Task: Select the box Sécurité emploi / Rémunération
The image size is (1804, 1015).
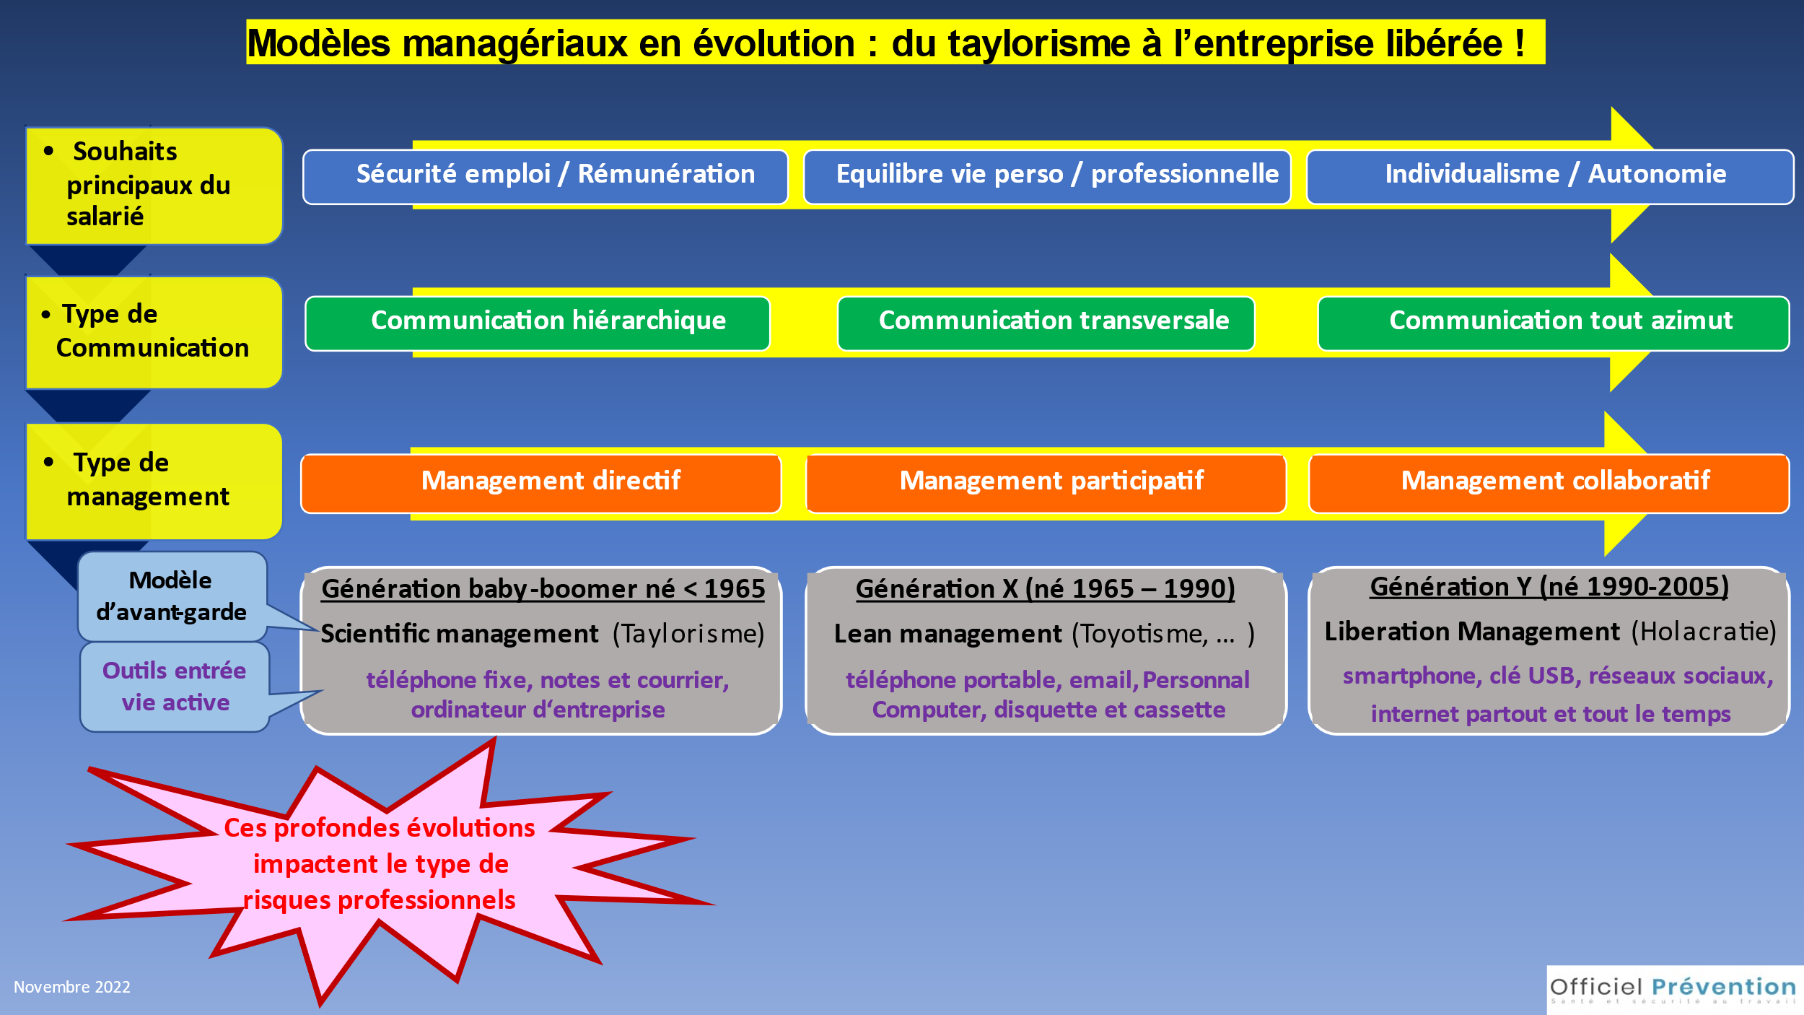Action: (546, 177)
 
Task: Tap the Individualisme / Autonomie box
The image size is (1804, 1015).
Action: (1550, 177)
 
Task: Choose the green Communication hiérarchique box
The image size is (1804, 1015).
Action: (538, 323)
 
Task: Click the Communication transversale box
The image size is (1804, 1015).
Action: (1046, 323)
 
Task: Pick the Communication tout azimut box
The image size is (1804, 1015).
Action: (1554, 323)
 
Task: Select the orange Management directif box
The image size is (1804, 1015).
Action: (541, 484)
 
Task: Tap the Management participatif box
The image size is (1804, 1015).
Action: (1046, 484)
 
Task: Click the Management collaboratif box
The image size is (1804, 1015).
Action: (1549, 484)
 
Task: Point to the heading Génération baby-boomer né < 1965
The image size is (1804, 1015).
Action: (543, 589)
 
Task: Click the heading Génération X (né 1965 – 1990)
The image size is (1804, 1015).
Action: (1046, 589)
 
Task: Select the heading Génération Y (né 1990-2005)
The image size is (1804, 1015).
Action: (1549, 587)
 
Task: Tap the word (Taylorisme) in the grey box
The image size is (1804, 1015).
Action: (688, 634)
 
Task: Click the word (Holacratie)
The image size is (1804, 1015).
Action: (1704, 632)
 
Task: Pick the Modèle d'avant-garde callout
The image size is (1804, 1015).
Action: (173, 596)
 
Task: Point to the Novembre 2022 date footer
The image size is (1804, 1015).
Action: (72, 987)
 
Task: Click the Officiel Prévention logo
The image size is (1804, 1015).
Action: (1674, 990)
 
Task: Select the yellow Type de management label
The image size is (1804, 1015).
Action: (154, 482)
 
